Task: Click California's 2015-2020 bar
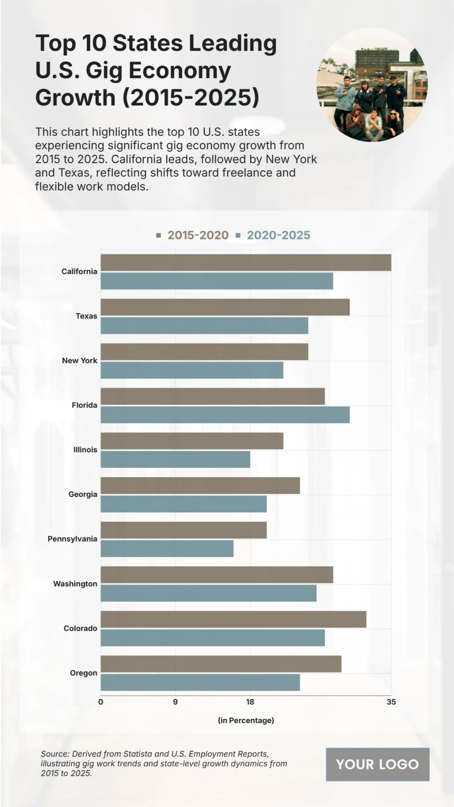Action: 246,263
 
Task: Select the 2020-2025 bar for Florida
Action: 225,415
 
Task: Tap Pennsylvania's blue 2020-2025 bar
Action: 167,549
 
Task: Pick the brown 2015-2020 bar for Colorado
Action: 233,619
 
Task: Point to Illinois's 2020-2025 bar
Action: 175,459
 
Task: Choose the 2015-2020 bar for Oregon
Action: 221,664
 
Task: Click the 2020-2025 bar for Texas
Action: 204,326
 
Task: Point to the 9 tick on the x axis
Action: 175,702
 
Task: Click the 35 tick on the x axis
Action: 391,702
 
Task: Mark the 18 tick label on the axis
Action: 250,702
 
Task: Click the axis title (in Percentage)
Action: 246,720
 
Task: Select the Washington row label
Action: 75,584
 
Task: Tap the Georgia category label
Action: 83,494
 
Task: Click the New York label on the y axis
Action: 80,361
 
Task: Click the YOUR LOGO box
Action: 378,764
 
